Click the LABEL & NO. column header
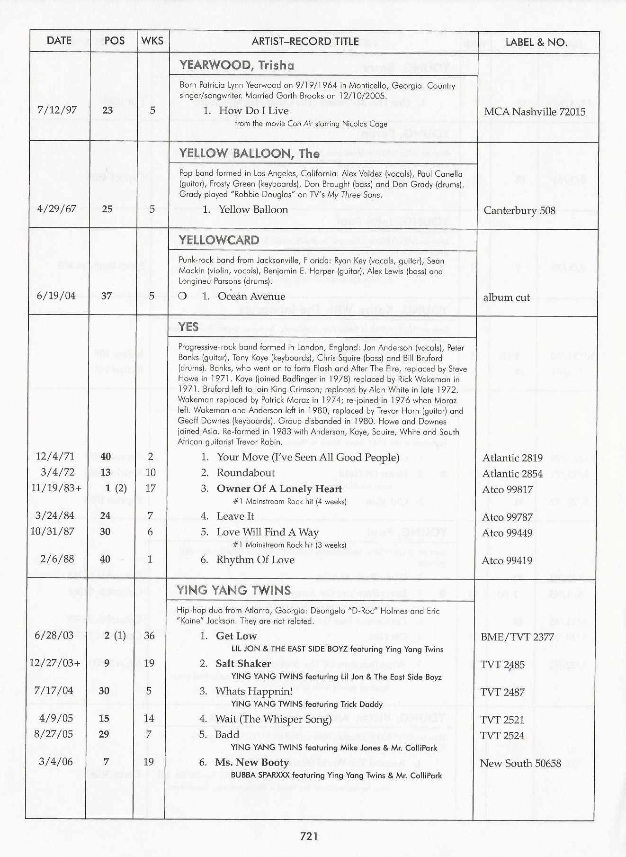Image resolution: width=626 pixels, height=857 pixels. (x=536, y=42)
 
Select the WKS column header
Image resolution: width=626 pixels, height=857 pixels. (x=152, y=41)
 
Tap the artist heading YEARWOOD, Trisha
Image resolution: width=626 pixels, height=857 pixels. (x=237, y=65)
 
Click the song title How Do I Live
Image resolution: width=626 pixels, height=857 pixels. (x=253, y=111)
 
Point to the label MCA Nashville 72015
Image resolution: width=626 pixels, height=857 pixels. (x=535, y=112)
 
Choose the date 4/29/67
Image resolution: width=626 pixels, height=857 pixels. (x=56, y=209)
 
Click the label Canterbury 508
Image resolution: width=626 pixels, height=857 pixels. (x=519, y=210)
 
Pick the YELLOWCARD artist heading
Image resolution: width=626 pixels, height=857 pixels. (x=219, y=240)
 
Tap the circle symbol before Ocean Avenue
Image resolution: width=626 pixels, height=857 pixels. (x=182, y=297)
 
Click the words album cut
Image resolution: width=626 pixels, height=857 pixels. (x=506, y=298)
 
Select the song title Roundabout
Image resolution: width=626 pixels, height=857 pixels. (x=245, y=473)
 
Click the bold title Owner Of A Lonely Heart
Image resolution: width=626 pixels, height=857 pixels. (x=279, y=489)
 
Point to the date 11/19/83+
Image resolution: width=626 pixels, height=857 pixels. (x=55, y=488)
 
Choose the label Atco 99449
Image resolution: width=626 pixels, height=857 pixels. (x=507, y=533)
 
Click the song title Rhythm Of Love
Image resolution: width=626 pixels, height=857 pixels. (x=255, y=560)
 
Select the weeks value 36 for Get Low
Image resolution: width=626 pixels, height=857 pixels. (x=149, y=636)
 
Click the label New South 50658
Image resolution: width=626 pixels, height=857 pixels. (x=520, y=764)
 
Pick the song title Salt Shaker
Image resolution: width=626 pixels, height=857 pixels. (x=243, y=664)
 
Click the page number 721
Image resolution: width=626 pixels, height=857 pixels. (x=309, y=837)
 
